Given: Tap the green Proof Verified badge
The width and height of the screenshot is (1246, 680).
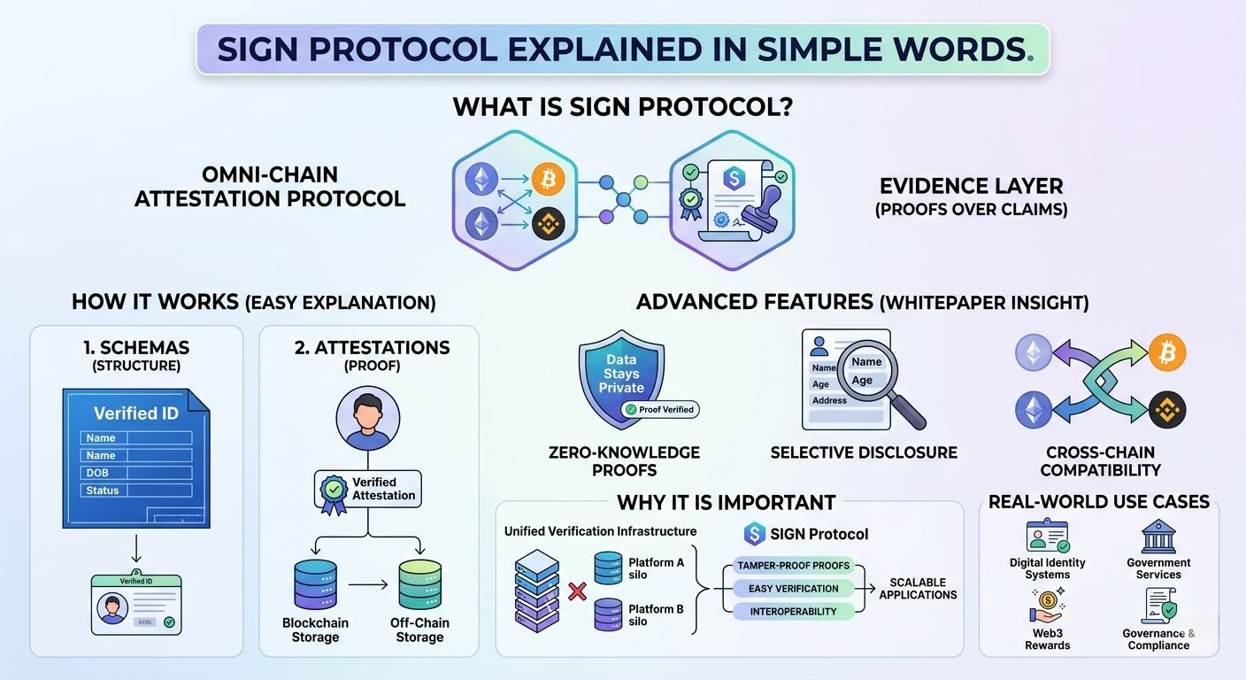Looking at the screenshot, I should point(659,409).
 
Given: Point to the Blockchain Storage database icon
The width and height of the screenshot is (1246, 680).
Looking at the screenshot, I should point(314,583).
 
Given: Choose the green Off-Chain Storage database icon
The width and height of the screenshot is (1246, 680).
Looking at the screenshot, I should point(419,583).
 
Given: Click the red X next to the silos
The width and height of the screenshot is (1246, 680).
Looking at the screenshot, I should point(576,591).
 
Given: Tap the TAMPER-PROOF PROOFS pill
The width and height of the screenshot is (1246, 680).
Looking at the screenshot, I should point(793,566).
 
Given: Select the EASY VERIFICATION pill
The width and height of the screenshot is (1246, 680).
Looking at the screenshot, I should point(793,589).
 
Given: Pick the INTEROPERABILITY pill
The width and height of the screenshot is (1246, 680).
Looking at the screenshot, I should point(793,612).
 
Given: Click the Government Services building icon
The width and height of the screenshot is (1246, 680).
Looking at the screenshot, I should point(1158,537).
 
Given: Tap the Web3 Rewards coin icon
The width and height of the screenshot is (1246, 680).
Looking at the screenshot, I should point(1046,607).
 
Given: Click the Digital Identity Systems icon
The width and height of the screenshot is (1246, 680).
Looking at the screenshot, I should point(1047,537).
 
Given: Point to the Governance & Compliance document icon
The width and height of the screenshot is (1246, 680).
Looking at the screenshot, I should point(1158,607).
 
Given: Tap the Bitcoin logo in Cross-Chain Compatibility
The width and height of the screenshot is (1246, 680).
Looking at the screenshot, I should point(1166,352).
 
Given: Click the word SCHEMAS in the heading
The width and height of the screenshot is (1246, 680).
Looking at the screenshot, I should point(144,348).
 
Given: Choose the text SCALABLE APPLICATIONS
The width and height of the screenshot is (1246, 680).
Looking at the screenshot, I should point(918,589).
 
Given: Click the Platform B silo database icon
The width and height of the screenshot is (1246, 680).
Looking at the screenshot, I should point(608,614).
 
